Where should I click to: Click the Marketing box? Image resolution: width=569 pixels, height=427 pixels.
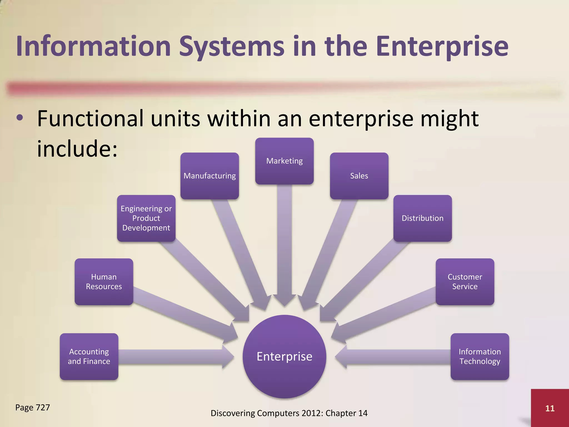[284, 161]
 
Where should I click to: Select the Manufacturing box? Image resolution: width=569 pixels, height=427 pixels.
[209, 176]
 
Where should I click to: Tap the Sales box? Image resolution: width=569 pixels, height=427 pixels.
[359, 176]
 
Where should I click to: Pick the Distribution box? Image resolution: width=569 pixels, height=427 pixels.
[422, 218]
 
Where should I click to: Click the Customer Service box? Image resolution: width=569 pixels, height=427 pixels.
[465, 282]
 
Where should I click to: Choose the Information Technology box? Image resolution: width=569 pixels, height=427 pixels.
[480, 356]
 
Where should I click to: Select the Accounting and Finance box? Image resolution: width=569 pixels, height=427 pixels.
[89, 356]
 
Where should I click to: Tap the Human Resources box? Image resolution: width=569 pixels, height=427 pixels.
[104, 282]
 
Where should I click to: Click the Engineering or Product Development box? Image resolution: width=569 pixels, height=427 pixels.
[146, 218]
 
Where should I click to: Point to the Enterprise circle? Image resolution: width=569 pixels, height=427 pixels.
[284, 356]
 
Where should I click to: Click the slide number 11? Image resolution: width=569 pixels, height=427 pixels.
[550, 408]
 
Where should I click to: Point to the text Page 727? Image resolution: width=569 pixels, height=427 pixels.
[33, 408]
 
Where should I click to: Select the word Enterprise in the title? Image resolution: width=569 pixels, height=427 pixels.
[442, 46]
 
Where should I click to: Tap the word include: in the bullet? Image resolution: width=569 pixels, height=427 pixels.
[77, 148]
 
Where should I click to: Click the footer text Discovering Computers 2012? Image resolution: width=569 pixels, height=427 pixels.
[266, 413]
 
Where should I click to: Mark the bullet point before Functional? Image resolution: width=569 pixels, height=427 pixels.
[20, 118]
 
